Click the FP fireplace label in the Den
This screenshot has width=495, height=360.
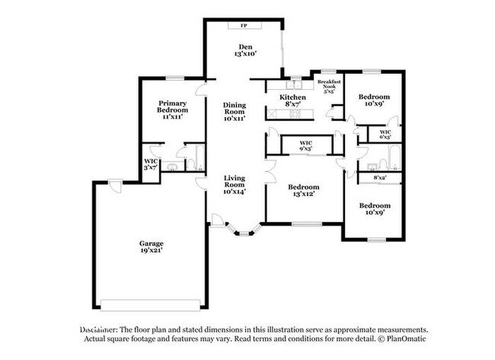(244, 26)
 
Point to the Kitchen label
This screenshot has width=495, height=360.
(292, 97)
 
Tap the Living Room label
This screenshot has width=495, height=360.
(234, 181)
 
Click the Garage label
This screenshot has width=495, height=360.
(151, 244)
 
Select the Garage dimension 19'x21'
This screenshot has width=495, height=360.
(151, 250)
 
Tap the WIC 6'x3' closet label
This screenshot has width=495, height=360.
(385, 135)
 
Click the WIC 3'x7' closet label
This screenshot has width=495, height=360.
(151, 165)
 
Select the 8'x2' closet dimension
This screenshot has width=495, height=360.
(379, 178)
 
